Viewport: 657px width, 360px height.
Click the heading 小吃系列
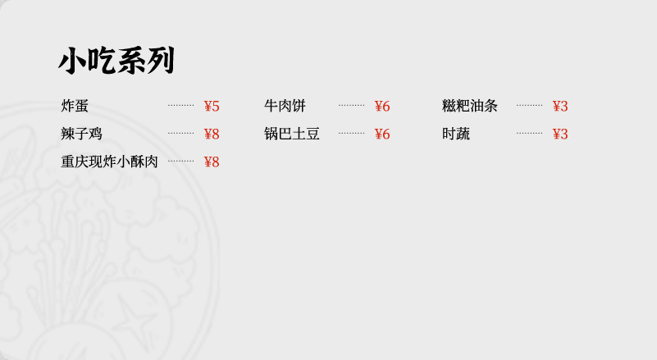(x=116, y=61)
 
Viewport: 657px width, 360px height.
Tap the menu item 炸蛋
(x=75, y=106)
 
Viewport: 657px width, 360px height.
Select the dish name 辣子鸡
(x=81, y=134)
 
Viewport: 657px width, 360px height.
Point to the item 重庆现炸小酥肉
(x=109, y=162)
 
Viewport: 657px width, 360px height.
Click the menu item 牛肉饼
(x=285, y=106)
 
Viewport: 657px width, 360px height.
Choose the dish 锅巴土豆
(x=292, y=134)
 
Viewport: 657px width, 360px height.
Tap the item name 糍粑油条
(x=470, y=106)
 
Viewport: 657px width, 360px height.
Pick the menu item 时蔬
(x=456, y=134)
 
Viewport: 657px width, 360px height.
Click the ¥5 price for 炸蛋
(x=212, y=106)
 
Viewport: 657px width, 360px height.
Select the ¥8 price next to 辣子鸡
(x=212, y=134)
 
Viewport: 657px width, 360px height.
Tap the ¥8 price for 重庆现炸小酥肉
(x=212, y=162)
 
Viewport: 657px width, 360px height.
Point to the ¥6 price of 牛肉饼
(x=382, y=106)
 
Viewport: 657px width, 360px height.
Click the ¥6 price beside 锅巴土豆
(x=382, y=134)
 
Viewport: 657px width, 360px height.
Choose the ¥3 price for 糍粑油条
(x=560, y=106)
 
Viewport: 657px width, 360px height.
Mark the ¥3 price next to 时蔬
(x=560, y=134)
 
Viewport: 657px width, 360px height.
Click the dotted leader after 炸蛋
(x=181, y=105)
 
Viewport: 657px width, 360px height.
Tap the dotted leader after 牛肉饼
(x=352, y=105)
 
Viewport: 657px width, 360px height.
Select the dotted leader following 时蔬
(x=530, y=134)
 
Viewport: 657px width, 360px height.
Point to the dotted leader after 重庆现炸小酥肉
(x=181, y=161)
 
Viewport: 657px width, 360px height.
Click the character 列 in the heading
(x=161, y=61)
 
